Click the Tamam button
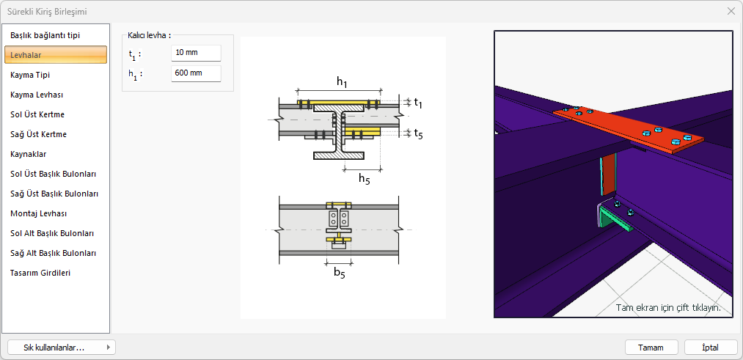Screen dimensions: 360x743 click(x=651, y=348)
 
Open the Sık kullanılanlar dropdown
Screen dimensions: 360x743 click(x=61, y=348)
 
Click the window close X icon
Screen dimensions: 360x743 click(x=731, y=11)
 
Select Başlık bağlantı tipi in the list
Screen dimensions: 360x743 click(x=45, y=35)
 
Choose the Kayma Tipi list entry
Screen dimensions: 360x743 click(x=30, y=75)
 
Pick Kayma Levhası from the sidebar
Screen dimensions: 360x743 click(x=37, y=95)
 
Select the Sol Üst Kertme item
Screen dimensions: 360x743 click(x=37, y=114)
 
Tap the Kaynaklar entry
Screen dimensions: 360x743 click(x=29, y=154)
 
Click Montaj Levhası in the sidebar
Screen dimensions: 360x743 click(x=38, y=213)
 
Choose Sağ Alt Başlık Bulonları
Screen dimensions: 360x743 click(x=53, y=253)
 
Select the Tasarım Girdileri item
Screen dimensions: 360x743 click(x=40, y=273)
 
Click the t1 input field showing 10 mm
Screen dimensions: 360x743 click(x=196, y=54)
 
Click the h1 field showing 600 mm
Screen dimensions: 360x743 click(x=196, y=73)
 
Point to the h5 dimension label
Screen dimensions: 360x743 click(x=364, y=178)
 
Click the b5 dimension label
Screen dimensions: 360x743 click(x=339, y=273)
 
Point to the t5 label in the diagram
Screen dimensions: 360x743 click(x=418, y=133)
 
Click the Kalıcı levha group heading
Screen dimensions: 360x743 click(x=149, y=35)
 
